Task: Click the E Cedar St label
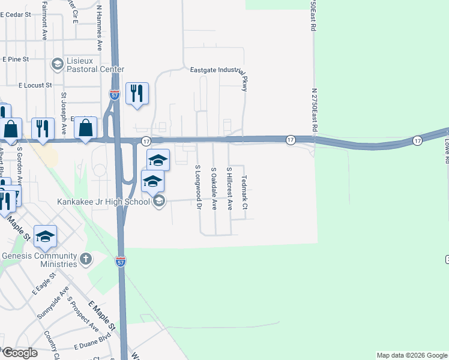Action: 16,14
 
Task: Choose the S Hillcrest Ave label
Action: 229,188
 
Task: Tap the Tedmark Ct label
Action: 244,192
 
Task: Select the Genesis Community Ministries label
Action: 40,259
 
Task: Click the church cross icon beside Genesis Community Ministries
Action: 86,259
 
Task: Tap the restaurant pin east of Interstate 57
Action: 137,94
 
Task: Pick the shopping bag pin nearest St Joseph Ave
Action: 86,128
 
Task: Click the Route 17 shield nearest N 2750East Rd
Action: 291,139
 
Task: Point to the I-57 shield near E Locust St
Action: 114,95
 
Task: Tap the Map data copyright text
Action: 411,355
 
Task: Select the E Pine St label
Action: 16,59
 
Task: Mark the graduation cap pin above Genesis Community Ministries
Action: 45,236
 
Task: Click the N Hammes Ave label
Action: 99,28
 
